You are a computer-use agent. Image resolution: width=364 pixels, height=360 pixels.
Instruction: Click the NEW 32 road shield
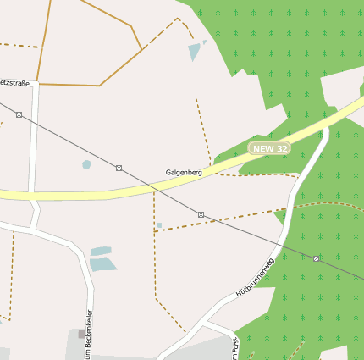[x=271, y=148]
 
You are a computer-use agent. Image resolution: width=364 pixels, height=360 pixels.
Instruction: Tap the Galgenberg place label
[x=184, y=172]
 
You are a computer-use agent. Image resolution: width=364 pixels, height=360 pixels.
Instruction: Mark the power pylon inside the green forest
[x=316, y=258]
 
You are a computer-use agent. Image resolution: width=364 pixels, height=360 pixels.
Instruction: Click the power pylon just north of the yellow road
[x=119, y=168]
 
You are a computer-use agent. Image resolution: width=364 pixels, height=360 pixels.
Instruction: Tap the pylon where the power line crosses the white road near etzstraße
[x=19, y=114]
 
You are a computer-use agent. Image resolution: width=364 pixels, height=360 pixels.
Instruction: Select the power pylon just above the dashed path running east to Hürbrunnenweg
[x=201, y=214]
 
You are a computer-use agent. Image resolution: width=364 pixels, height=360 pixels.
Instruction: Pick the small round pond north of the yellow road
[x=86, y=164]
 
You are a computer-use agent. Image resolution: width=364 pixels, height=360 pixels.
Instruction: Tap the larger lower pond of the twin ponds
[x=102, y=263]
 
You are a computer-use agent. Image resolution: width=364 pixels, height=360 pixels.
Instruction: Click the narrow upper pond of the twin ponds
[x=101, y=251]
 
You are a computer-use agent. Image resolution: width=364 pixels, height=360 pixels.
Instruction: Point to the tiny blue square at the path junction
[x=158, y=225]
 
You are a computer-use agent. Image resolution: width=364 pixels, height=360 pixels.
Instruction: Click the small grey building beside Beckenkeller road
[x=82, y=334]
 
